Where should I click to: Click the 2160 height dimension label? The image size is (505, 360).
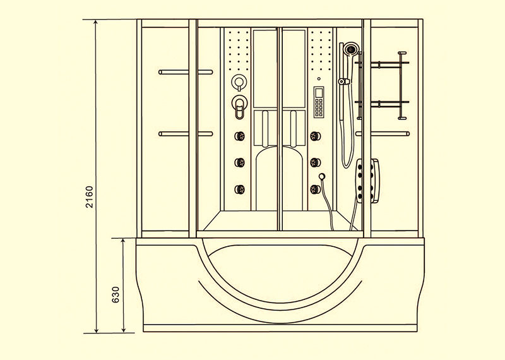[89, 197]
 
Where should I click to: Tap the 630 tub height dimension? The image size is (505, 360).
[116, 294]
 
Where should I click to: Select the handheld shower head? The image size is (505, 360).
[350, 49]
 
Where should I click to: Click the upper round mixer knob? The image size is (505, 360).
[239, 82]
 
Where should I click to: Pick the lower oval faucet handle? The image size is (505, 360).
[239, 107]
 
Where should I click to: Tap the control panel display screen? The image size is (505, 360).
[319, 92]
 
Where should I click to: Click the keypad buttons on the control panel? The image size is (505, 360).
[319, 107]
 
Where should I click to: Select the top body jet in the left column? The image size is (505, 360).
[240, 136]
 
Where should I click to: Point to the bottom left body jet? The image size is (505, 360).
[240, 189]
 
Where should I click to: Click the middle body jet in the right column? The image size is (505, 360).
[315, 162]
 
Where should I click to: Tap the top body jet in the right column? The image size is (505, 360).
[315, 136]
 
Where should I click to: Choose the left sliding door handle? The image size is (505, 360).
[265, 128]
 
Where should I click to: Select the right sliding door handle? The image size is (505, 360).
[293, 128]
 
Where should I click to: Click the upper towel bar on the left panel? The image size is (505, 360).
[186, 72]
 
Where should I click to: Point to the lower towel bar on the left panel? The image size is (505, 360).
[186, 134]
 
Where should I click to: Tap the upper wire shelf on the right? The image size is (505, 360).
[382, 64]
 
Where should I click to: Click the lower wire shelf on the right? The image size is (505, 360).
[382, 104]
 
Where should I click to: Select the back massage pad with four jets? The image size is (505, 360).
[367, 181]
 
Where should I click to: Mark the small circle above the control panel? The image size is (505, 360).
[319, 79]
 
